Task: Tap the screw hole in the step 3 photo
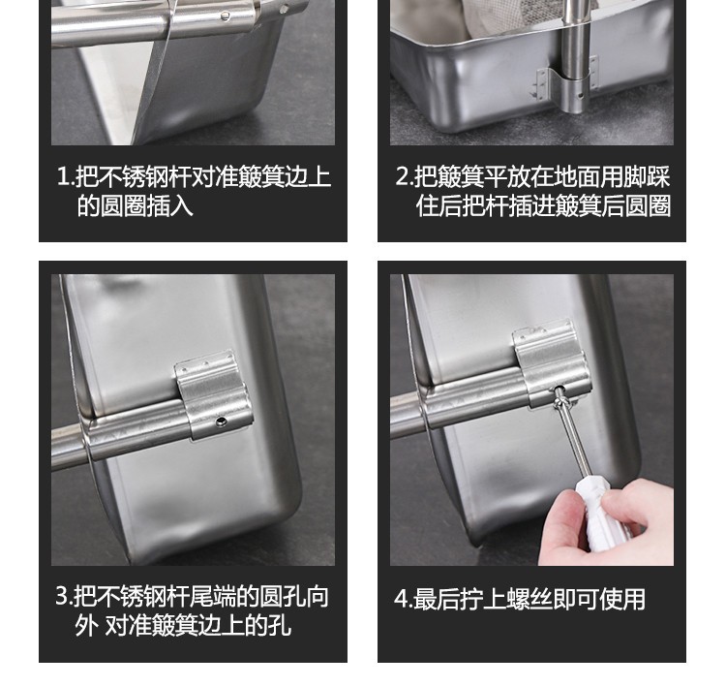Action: click(x=222, y=422)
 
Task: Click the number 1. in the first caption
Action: click(x=65, y=176)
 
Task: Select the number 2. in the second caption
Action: click(x=405, y=176)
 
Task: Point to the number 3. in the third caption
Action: click(x=64, y=596)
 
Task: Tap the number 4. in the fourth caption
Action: click(x=404, y=599)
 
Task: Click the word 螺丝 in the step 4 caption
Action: click(x=529, y=599)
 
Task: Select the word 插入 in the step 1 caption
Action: click(x=169, y=205)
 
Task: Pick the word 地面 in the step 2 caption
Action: click(x=577, y=176)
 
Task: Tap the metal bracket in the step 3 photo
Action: click(x=213, y=395)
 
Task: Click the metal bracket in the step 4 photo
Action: click(x=551, y=365)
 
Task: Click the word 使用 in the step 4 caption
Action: click(x=622, y=599)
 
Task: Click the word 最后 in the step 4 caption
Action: click(x=436, y=599)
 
